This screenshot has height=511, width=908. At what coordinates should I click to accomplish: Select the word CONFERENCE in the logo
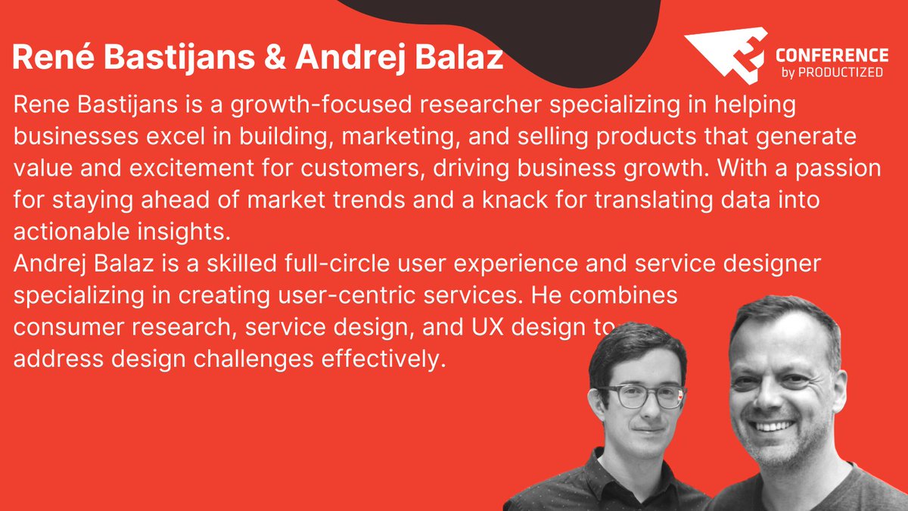(832, 56)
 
